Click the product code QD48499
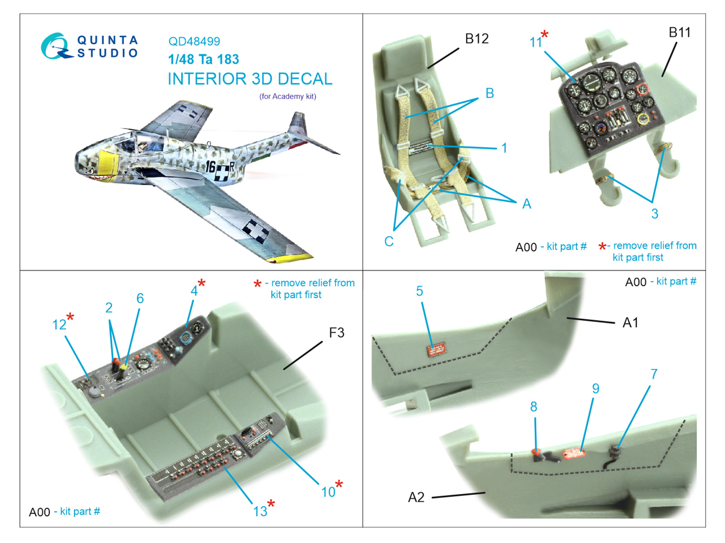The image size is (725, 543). [194, 41]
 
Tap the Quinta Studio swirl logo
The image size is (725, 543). [55, 46]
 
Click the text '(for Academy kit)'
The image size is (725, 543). [288, 96]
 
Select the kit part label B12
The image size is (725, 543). [477, 38]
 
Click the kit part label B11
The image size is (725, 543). [679, 32]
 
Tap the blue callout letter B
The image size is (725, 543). [489, 93]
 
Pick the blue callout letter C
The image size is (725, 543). [389, 241]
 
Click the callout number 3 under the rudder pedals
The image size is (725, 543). [655, 214]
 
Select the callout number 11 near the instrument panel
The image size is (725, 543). [536, 42]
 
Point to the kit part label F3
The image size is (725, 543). [337, 333]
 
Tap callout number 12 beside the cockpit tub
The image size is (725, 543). [59, 325]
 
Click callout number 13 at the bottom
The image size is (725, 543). [260, 511]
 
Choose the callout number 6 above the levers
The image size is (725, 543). [140, 298]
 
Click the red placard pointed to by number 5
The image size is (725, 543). [437, 349]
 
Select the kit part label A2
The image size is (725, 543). [416, 497]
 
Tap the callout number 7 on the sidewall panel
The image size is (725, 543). [654, 374]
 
